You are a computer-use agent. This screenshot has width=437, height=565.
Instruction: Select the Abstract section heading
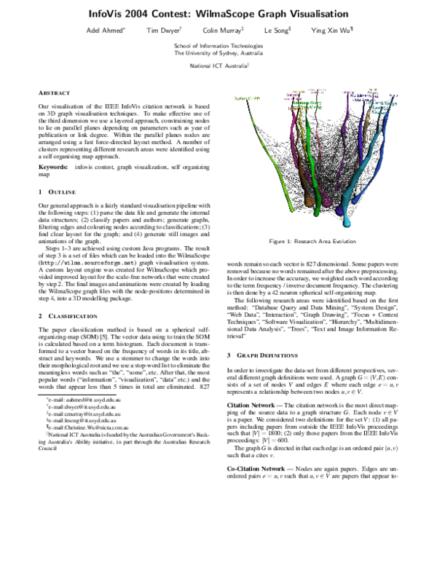[55, 93]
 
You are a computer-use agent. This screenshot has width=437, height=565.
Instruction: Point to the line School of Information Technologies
[219, 45]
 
